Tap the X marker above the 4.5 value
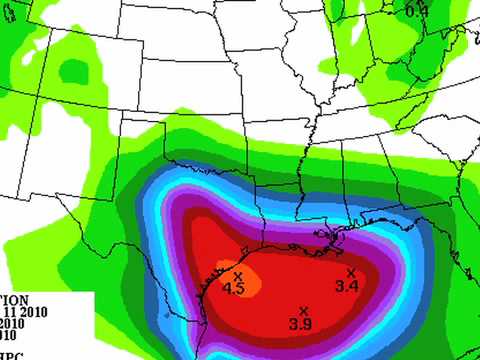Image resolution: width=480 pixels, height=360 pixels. coord(238,276)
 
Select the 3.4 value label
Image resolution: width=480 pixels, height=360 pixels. coord(347,287)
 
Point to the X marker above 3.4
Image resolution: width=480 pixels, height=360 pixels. coord(351,273)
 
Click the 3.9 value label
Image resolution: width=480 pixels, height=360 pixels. coord(300,323)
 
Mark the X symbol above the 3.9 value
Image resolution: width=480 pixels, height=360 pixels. coord(303,310)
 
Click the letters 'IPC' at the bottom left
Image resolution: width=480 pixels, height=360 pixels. coord(12,355)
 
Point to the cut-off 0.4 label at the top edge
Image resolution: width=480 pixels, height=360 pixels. coord(416,10)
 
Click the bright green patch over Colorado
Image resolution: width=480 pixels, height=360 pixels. coord(75,70)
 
